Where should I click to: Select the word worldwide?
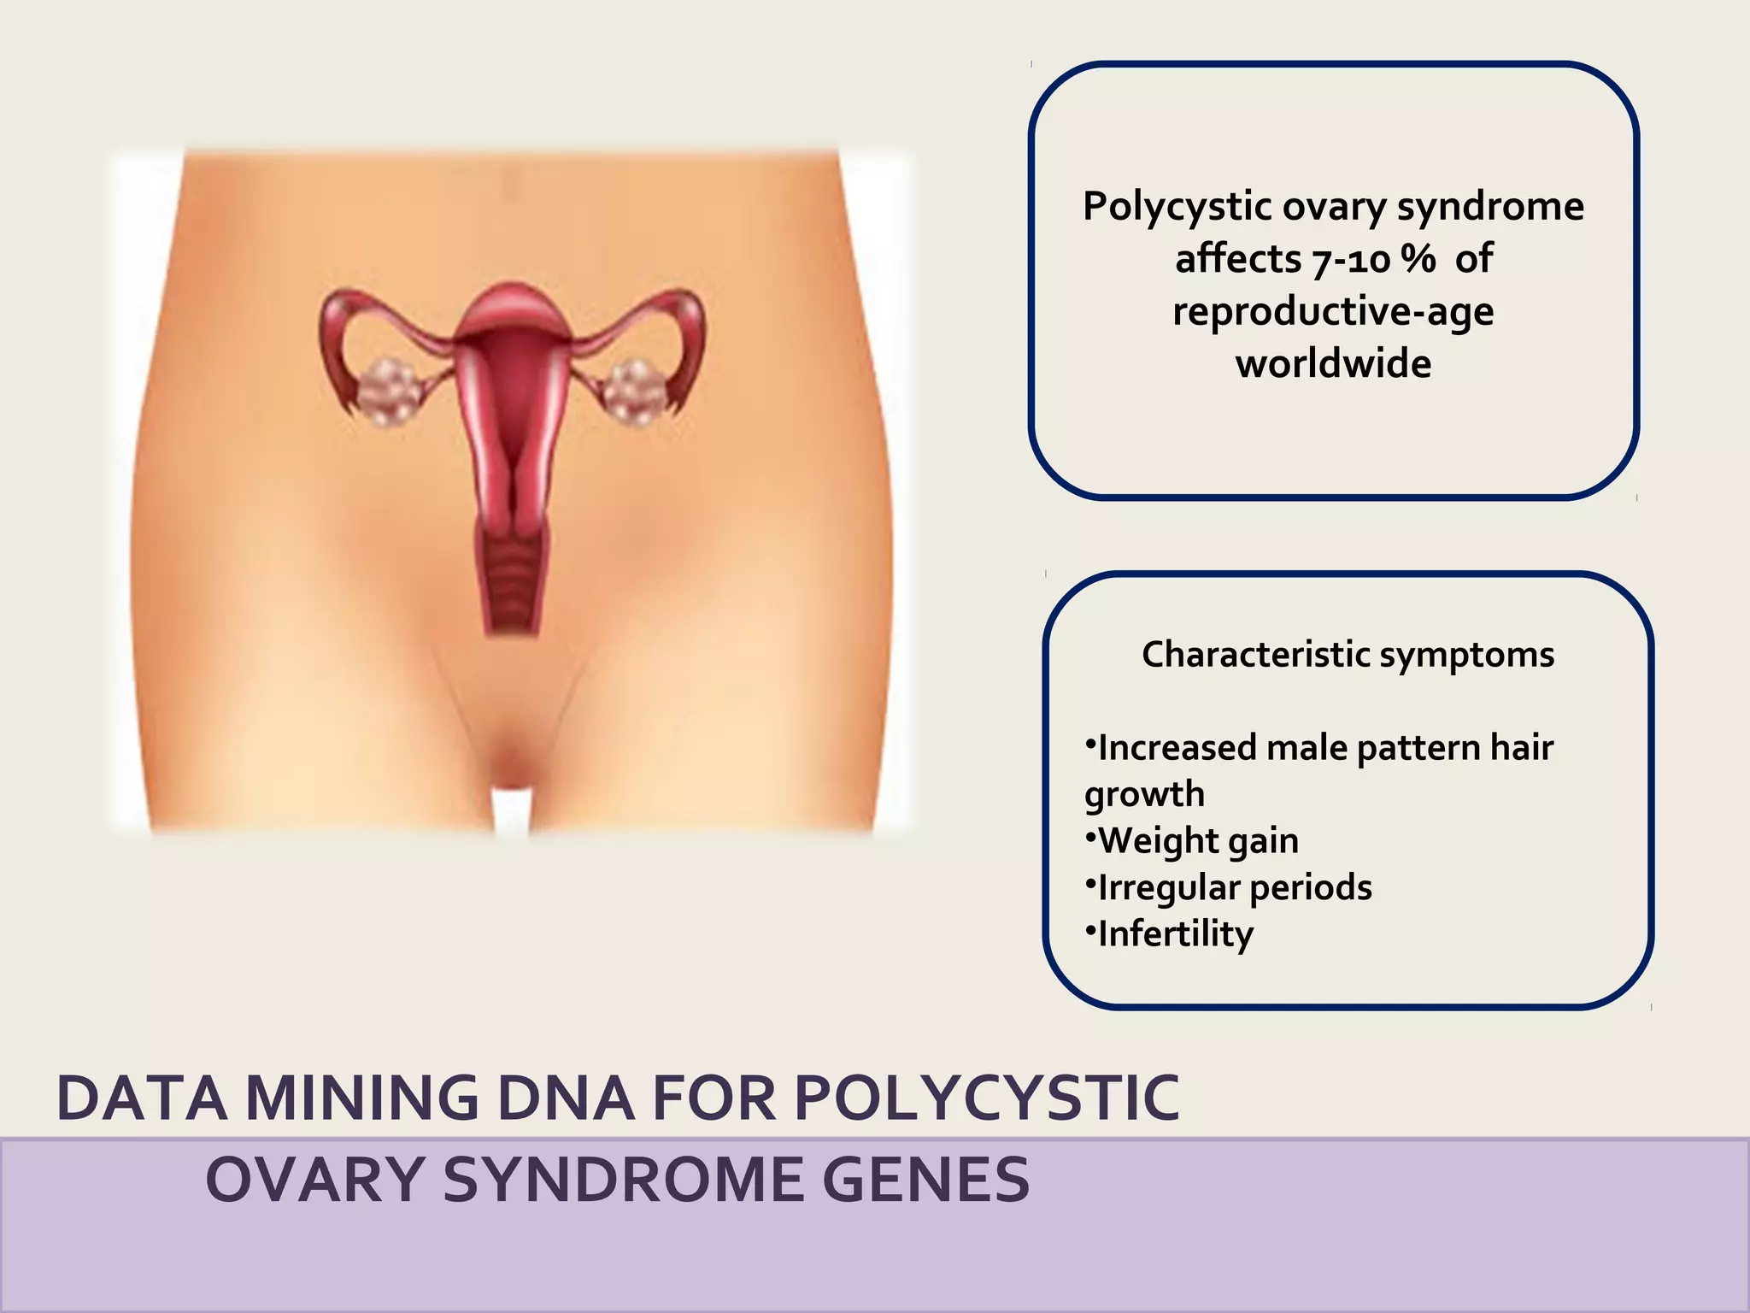pyautogui.click(x=1333, y=364)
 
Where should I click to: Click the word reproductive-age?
pyautogui.click(x=1333, y=312)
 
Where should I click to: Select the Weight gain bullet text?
pyautogui.click(x=1197, y=841)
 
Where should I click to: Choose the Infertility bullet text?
pyautogui.click(x=1175, y=934)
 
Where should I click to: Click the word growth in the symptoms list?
pyautogui.click(x=1144, y=795)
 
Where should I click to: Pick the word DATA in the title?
pyautogui.click(x=142, y=1099)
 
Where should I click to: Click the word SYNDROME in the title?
pyautogui.click(x=624, y=1181)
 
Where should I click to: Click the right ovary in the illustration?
pyautogui.click(x=637, y=392)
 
